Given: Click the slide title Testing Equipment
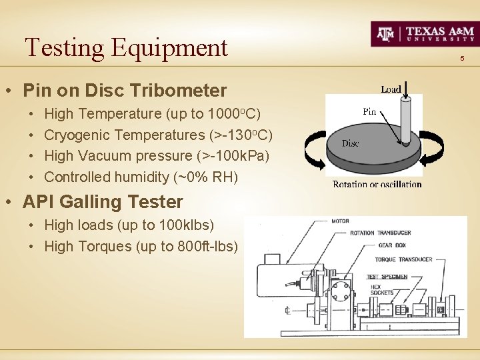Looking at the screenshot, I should pyautogui.click(x=126, y=47).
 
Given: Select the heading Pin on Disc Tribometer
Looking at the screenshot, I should pyautogui.click(x=125, y=90).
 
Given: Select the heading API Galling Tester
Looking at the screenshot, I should pyautogui.click(x=103, y=201).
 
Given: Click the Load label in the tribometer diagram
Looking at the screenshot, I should pyautogui.click(x=391, y=89).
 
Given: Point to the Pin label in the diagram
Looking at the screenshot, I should pyautogui.click(x=370, y=111).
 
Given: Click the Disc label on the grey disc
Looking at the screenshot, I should pyautogui.click(x=351, y=143).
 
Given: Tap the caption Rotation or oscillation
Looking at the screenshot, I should pyautogui.click(x=377, y=185).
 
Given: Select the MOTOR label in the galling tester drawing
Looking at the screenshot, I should pyautogui.click(x=340, y=221).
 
